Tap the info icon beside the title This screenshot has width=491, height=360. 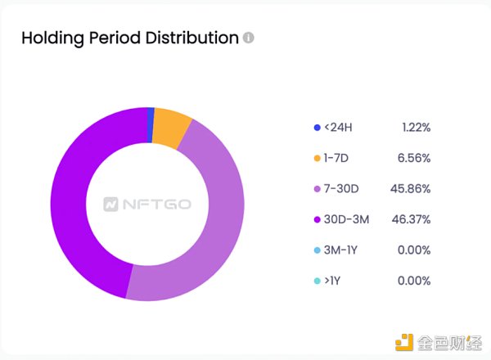[249, 38]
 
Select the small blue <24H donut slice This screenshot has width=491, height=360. [151, 118]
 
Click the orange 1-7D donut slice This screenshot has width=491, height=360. [172, 127]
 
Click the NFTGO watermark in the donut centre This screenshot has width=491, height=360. [148, 203]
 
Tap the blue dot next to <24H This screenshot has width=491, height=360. [317, 128]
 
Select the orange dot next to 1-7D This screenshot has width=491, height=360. [317, 158]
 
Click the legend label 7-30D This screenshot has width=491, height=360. [342, 189]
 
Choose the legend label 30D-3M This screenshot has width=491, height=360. [347, 219]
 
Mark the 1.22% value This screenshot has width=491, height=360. [416, 128]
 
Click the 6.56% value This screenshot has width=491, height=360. [415, 158]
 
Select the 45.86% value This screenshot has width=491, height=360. [412, 189]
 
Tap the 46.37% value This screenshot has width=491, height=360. [412, 219]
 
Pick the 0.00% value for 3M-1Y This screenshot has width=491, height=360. [415, 250]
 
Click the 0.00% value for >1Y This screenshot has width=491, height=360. [415, 281]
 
